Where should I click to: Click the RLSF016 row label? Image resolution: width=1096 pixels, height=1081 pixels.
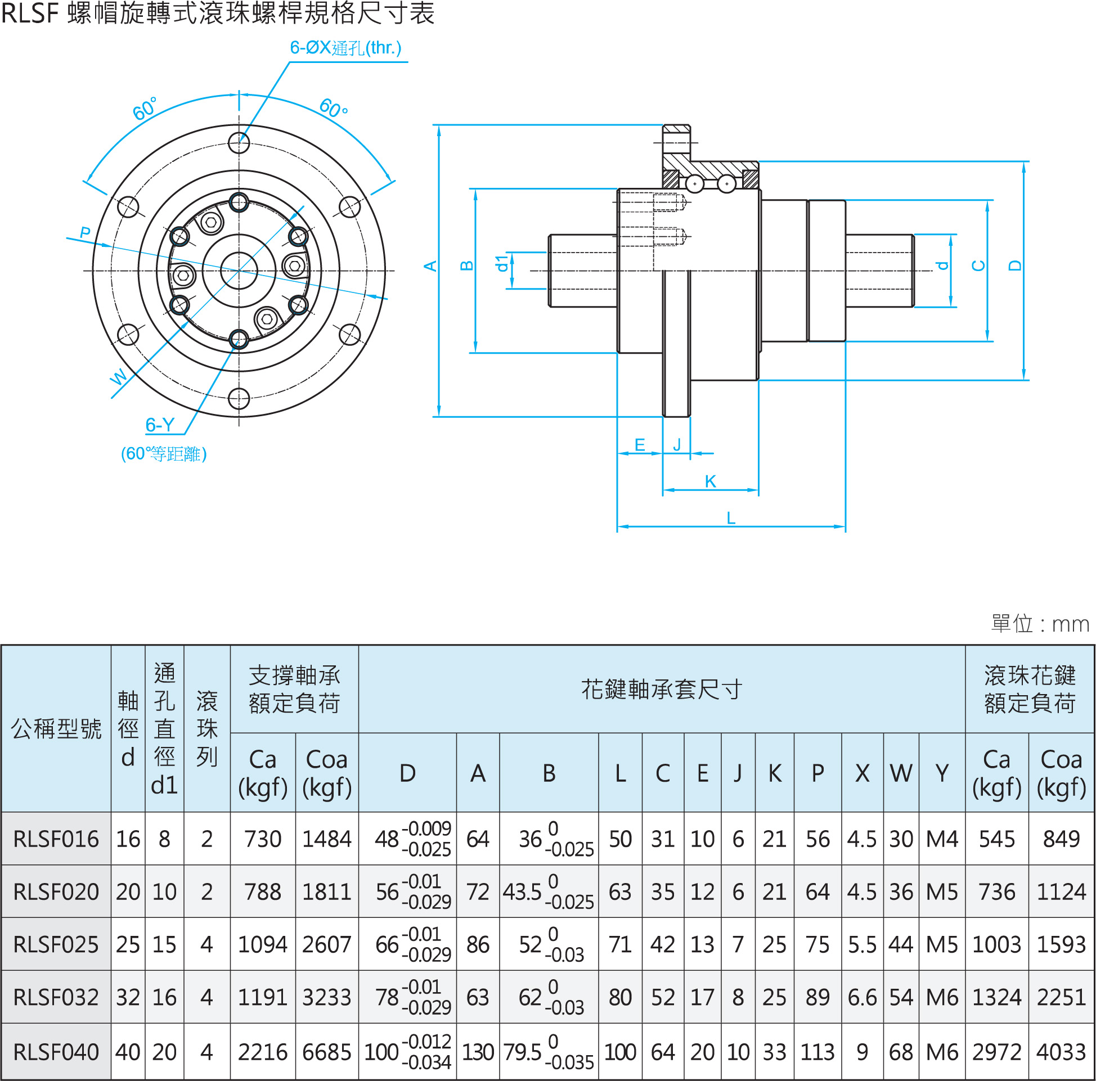56,839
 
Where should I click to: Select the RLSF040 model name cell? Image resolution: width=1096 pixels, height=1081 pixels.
56,1052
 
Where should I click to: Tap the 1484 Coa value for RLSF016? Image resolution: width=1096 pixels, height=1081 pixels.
327,839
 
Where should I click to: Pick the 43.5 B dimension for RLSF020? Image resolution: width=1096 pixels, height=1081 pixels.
523,892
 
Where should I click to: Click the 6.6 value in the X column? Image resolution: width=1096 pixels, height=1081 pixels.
862,998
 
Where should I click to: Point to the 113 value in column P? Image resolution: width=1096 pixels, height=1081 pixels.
817,1052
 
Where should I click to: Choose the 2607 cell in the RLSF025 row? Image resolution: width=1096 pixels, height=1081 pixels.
327,945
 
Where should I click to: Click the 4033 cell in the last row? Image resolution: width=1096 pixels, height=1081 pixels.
1060,1052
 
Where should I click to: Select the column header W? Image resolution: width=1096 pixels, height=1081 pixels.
901,773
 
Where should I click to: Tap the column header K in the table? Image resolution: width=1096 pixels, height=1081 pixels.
774,773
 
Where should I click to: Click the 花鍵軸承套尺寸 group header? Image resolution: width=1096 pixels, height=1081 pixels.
662,690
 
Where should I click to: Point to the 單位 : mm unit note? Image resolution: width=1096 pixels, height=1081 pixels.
1039,624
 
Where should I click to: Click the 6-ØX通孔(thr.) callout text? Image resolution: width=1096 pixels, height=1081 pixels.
345,48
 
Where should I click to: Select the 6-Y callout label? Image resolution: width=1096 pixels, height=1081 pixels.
160,425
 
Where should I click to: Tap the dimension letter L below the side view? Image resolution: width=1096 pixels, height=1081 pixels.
731,518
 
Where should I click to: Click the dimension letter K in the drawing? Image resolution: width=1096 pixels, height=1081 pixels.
710,481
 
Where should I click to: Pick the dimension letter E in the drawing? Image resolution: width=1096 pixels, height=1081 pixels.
639,445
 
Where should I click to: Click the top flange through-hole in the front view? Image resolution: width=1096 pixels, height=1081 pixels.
239,143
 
